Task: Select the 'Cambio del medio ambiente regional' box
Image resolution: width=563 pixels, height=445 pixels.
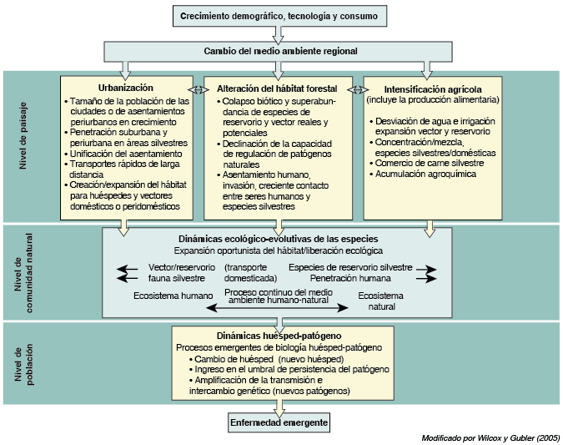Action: (281, 51)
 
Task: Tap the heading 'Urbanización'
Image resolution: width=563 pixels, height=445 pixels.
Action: (125, 88)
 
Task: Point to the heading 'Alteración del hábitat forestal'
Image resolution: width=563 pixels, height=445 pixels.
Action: (277, 88)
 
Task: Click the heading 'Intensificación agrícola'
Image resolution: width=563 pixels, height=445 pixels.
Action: (432, 88)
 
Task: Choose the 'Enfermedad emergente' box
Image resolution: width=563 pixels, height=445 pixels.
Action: (279, 423)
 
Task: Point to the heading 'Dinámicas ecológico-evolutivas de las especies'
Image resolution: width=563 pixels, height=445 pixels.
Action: (278, 239)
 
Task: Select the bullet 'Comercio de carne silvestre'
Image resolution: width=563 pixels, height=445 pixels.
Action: (429, 164)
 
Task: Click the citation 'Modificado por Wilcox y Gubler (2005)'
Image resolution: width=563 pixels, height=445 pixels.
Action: (490, 437)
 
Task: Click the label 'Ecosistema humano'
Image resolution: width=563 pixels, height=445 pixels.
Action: (172, 296)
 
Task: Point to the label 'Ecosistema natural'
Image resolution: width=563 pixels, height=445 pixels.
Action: (382, 301)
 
